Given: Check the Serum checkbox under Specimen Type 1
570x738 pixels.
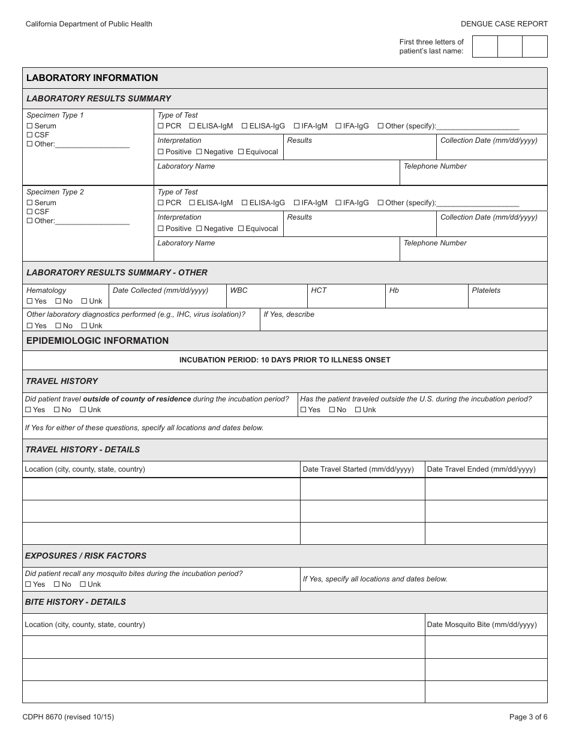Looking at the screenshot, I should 30,126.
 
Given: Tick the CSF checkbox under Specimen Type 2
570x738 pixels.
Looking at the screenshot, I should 30,212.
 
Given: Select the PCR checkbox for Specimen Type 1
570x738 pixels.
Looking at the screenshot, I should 161,126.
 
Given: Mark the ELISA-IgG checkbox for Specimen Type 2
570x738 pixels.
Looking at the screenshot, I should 245,203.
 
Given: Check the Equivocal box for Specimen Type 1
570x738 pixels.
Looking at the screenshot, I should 241,152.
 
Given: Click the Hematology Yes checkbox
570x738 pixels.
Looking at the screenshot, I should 30,301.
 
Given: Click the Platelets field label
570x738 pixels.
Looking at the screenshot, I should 485,290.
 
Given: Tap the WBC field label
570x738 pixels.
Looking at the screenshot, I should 239,290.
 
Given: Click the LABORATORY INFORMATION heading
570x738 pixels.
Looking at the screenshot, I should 92,78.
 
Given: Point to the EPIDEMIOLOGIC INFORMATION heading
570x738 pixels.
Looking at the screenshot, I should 98,341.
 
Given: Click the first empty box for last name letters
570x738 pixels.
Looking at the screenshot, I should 485,46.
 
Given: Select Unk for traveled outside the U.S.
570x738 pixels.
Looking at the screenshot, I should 358,410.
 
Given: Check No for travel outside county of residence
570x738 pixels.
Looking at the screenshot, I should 57,410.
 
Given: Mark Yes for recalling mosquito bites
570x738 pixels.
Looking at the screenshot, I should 28,584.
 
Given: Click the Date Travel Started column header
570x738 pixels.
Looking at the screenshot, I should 358,469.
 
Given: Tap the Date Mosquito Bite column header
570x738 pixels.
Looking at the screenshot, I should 481,625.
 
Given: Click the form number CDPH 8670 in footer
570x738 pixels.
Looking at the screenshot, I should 68,717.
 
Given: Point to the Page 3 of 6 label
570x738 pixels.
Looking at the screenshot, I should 528,717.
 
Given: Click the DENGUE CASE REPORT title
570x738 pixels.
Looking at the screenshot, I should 504,24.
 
